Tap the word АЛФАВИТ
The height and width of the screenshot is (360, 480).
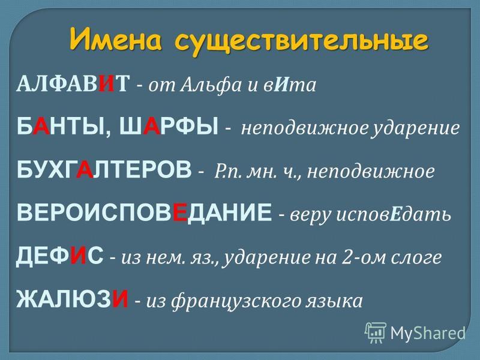coord(73,83)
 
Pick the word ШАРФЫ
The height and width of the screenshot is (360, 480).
coord(169,126)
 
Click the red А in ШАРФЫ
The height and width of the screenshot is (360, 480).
coord(152,126)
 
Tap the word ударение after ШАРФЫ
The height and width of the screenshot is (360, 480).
coord(415,128)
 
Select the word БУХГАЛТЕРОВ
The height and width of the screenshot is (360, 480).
coord(104,169)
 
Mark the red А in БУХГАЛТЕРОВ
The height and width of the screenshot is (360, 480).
coord(85,169)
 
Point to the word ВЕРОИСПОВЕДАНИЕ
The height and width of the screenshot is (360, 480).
coord(144,212)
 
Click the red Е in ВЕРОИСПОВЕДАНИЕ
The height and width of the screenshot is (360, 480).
coord(179,212)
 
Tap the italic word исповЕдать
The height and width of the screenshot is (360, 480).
coord(394,215)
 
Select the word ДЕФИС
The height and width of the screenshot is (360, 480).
coord(60,256)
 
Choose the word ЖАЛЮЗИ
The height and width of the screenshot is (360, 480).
coord(72,299)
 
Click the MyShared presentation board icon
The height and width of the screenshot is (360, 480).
coord(376,332)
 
